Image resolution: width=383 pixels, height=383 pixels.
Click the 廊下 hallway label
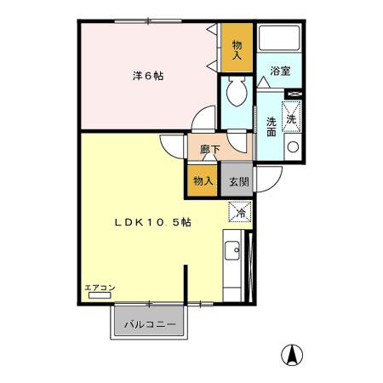pos(209,150)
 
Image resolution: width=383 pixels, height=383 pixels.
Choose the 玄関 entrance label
pos(237,180)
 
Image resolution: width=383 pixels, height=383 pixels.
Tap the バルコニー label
pos(149,324)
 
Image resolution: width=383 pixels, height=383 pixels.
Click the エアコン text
pos(100,289)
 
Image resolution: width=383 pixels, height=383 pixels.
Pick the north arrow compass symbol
pos(292,354)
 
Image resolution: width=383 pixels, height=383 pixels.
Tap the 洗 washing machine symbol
pos(292,117)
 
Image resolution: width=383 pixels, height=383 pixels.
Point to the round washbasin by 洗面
pos(293,147)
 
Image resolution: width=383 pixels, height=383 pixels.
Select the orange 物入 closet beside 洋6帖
pos(236,48)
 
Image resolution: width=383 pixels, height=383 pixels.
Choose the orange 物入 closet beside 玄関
pos(203,180)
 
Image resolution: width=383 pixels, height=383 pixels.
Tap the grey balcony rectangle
pos(149,324)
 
